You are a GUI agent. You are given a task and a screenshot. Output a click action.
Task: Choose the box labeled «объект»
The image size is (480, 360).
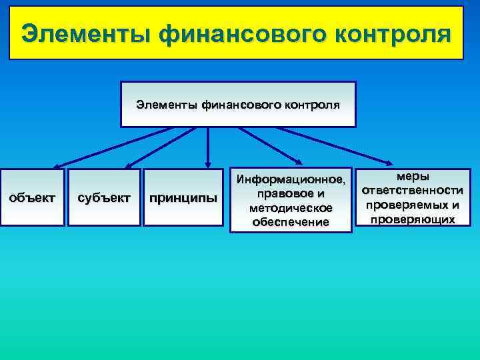pyautogui.click(x=32, y=198)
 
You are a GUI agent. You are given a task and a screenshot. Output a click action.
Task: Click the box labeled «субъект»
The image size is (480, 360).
pyautogui.click(x=104, y=198)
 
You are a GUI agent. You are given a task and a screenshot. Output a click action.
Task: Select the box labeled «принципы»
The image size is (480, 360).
pyautogui.click(x=183, y=198)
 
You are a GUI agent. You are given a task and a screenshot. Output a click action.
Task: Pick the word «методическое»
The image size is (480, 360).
pyautogui.click(x=290, y=208)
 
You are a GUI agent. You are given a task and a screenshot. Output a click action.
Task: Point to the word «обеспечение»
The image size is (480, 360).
pyautogui.click(x=290, y=222)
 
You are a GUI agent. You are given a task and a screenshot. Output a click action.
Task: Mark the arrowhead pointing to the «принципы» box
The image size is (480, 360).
pyautogui.click(x=208, y=163)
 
